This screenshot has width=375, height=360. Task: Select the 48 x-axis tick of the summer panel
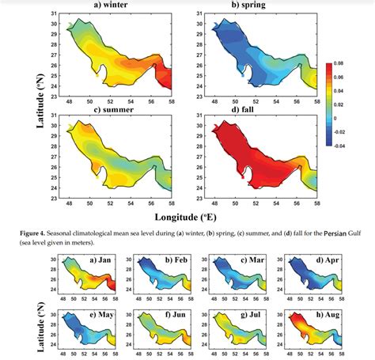pyautogui.click(x=71, y=202)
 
